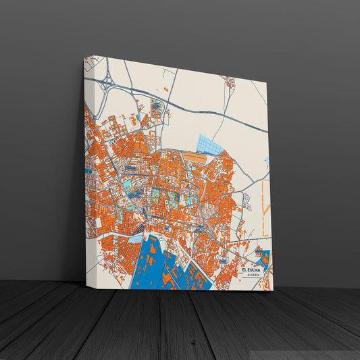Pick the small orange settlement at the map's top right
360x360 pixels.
230,83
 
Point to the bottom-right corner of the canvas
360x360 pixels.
273,291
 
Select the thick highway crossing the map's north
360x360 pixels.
203,113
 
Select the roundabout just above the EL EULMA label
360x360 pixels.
258,253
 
